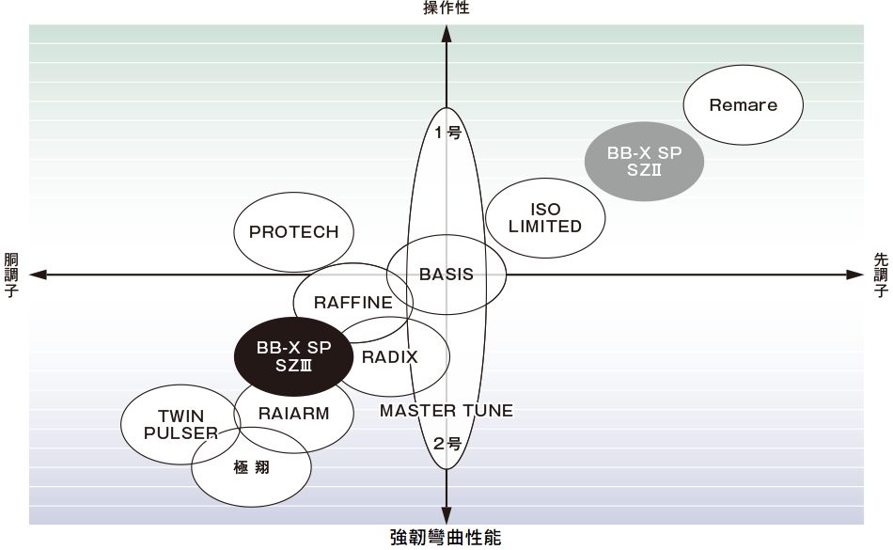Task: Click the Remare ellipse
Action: pyautogui.click(x=743, y=105)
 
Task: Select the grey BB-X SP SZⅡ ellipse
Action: pyautogui.click(x=644, y=161)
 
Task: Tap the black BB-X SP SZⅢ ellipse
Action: pyautogui.click(x=293, y=356)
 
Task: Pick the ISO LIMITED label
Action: pyautogui.click(x=545, y=218)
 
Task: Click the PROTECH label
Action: pyautogui.click(x=293, y=232)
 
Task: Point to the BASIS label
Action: pyautogui.click(x=446, y=275)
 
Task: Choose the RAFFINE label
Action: pyautogui.click(x=353, y=303)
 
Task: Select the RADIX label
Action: pyautogui.click(x=389, y=357)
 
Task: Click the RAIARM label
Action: pyautogui.click(x=293, y=413)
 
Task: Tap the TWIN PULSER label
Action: pyautogui.click(x=180, y=424)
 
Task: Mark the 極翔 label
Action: pyautogui.click(x=251, y=466)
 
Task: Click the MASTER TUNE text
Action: pyautogui.click(x=446, y=411)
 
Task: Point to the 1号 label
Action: pyautogui.click(x=447, y=133)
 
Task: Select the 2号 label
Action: pyautogui.click(x=447, y=444)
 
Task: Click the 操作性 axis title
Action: pyautogui.click(x=446, y=8)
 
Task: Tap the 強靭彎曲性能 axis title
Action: pyautogui.click(x=446, y=538)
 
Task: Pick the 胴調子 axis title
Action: pyautogui.click(x=11, y=275)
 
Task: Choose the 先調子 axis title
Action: pyautogui.click(x=881, y=275)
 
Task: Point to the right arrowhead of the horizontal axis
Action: pyautogui.click(x=854, y=275)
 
